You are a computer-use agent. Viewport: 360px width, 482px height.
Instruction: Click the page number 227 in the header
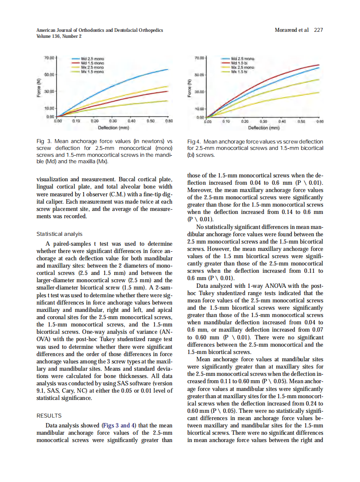pyautogui.click(x=318, y=30)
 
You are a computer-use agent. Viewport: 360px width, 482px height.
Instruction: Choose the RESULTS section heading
pyautogui.click(x=49, y=415)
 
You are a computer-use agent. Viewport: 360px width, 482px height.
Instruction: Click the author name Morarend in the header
pyautogui.click(x=287, y=30)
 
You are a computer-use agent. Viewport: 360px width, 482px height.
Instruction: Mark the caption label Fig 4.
pyautogui.click(x=194, y=142)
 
